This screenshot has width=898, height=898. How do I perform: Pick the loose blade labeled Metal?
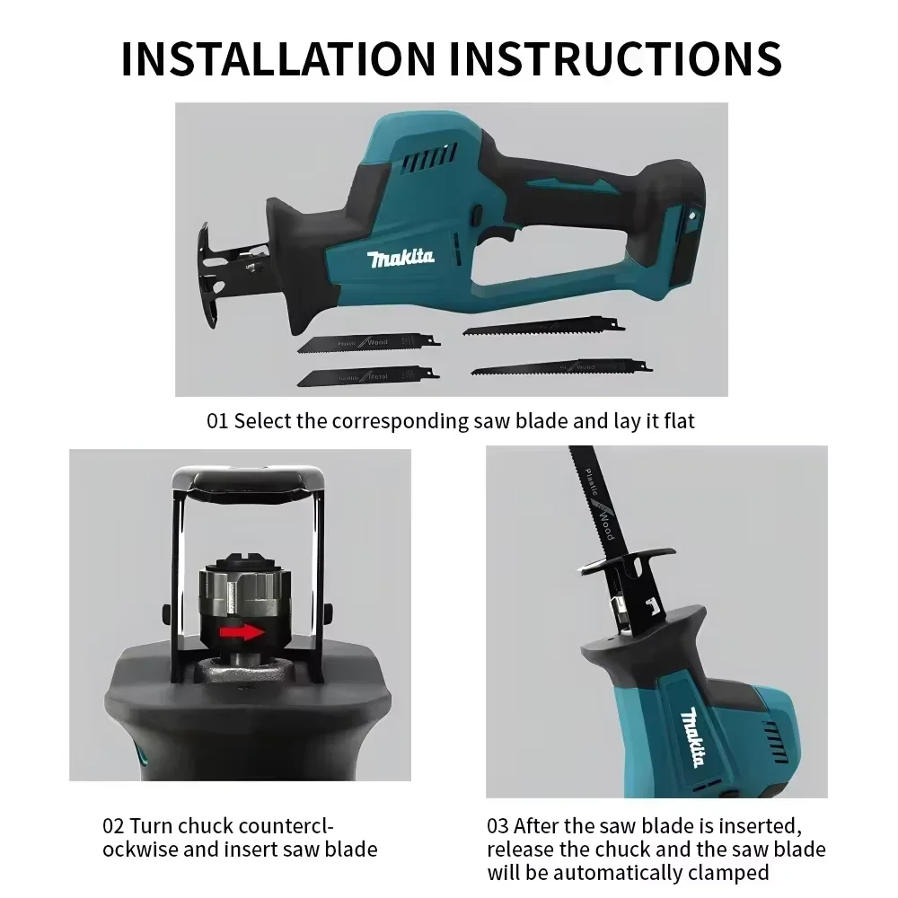pyautogui.click(x=368, y=375)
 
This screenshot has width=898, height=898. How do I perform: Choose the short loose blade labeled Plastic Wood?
pyautogui.click(x=368, y=340)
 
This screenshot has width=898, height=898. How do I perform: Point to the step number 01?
pyautogui.click(x=217, y=421)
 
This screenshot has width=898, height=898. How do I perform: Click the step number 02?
pyautogui.click(x=113, y=826)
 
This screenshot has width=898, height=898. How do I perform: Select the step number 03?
pyautogui.click(x=498, y=826)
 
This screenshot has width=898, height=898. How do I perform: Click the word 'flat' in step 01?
pyautogui.click(x=674, y=421)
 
